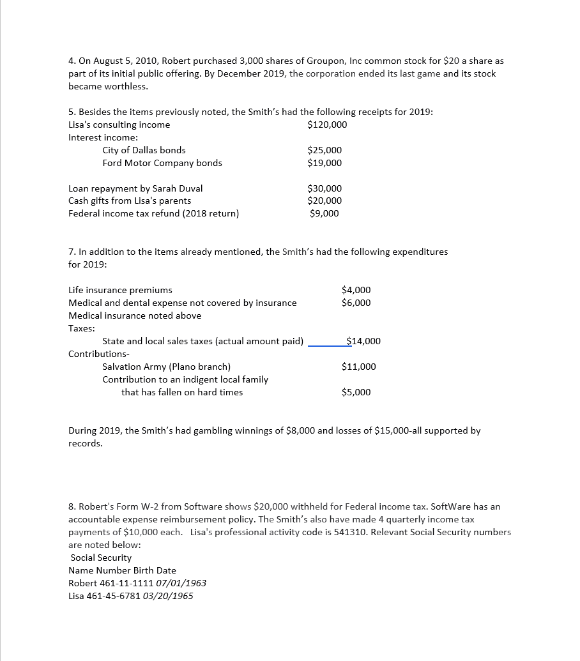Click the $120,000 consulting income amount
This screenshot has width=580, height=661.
click(327, 125)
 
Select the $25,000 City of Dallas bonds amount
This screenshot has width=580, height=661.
click(324, 150)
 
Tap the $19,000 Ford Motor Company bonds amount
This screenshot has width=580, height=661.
click(324, 163)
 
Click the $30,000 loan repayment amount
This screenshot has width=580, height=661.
click(324, 188)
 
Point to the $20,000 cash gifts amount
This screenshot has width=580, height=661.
click(324, 201)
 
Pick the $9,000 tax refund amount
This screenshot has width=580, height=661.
click(324, 213)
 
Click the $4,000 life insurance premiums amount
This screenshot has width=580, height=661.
click(356, 290)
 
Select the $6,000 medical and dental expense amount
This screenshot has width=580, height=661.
click(356, 303)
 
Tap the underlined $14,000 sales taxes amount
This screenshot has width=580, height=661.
click(363, 341)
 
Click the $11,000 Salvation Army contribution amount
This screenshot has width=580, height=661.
click(359, 367)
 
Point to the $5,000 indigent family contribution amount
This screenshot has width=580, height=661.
click(356, 392)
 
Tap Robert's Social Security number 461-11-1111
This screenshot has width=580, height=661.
click(130, 583)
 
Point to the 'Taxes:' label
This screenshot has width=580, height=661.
click(82, 328)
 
